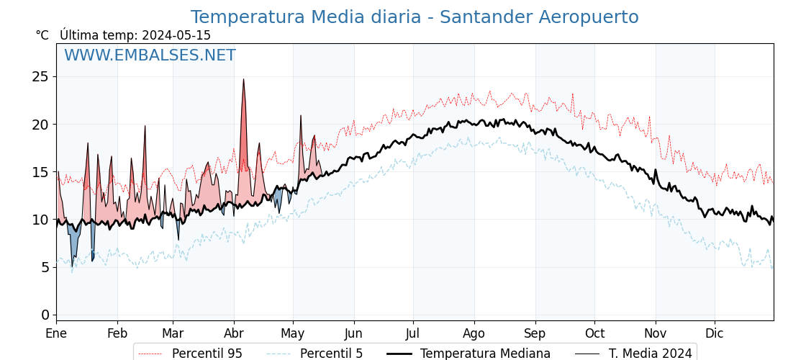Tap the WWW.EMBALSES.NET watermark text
coord(150,55)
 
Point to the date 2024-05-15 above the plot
coord(176,35)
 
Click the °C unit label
coord(42,35)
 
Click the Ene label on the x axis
coord(56,333)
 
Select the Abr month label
coord(234,333)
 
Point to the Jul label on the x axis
coord(413,333)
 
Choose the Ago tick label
coord(474,333)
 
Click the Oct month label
coord(594,333)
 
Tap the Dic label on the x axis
coord(715,333)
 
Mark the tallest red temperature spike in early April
coord(243,80)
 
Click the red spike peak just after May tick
coord(301,116)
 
